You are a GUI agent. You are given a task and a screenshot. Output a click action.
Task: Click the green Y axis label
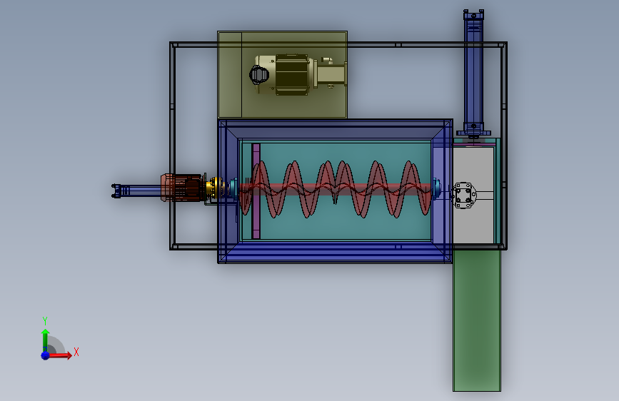point(45,320)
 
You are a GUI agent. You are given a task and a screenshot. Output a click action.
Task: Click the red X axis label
point(76,352)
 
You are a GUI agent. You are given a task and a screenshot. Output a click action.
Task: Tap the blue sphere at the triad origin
point(46,355)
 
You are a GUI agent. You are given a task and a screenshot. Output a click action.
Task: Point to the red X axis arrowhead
point(69,355)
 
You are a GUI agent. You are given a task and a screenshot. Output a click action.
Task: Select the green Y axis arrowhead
point(46,332)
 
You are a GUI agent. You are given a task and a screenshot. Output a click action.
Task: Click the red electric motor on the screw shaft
point(181,188)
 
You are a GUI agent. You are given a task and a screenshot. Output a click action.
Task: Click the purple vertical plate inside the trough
point(256,191)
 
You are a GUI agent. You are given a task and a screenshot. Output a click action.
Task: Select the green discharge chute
point(477,320)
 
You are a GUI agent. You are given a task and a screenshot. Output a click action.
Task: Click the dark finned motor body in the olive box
point(292,75)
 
